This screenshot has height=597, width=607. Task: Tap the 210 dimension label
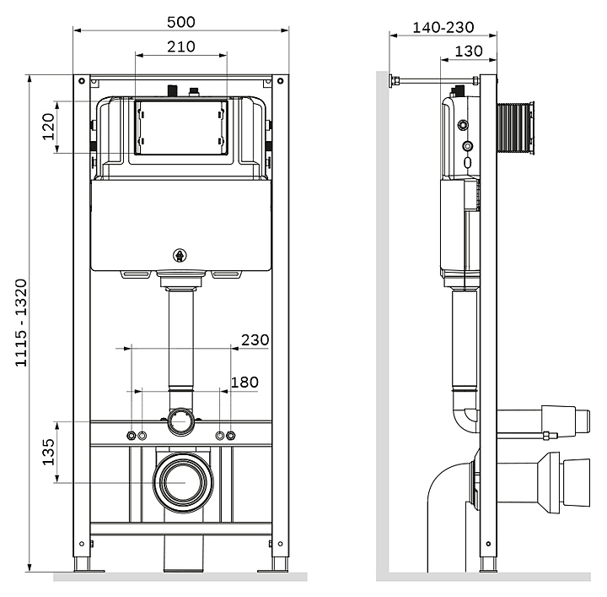tap(180, 46)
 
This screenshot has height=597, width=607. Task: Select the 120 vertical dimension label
tap(48, 127)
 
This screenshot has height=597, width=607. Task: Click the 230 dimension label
tap(255, 340)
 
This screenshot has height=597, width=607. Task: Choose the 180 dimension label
tap(244, 383)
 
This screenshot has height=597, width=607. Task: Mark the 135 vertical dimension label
tap(48, 452)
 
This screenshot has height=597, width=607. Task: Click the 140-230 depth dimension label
tap(443, 27)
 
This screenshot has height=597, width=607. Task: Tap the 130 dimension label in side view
tap(468, 52)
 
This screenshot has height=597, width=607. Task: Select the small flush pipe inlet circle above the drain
tap(180, 419)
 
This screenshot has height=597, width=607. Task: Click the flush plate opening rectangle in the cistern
tap(180, 128)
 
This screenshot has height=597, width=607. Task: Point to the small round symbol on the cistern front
tap(180, 255)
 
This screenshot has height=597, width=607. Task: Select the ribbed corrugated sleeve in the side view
tap(517, 129)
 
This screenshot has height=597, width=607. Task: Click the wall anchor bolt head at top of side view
tap(393, 82)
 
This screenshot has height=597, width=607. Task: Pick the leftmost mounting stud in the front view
tap(131, 436)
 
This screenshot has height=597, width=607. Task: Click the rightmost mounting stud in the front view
tap(231, 436)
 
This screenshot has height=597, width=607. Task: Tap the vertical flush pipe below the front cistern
tap(180, 338)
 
